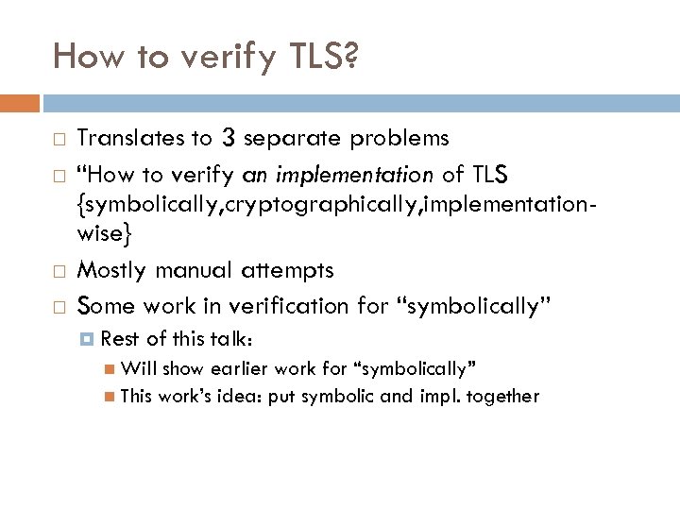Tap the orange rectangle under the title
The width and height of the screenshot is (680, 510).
click(x=20, y=103)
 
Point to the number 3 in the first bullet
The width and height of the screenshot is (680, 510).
click(x=228, y=138)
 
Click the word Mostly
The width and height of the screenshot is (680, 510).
click(x=111, y=270)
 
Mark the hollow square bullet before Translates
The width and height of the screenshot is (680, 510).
click(x=59, y=141)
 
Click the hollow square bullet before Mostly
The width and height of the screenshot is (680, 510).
click(x=59, y=272)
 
